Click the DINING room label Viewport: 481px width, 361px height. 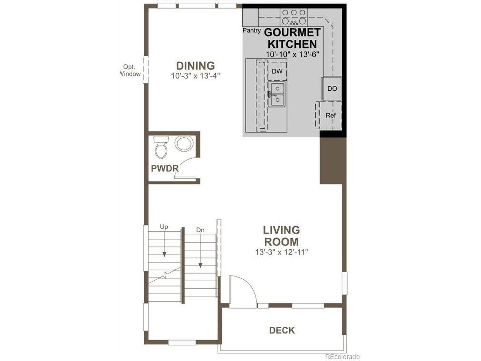click(x=195, y=66)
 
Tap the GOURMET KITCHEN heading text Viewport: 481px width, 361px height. click(x=292, y=38)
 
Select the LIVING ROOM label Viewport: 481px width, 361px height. click(x=281, y=236)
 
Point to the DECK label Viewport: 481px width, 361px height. click(x=282, y=330)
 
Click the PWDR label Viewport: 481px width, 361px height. click(x=165, y=168)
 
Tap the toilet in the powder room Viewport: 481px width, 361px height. click(x=161, y=147)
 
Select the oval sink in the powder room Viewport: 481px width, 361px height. click(x=184, y=144)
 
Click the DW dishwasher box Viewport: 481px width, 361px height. click(x=277, y=71)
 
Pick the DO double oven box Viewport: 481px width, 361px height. click(x=331, y=88)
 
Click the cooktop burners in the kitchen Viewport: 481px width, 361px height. click(x=293, y=17)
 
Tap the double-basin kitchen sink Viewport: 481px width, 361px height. click(x=277, y=94)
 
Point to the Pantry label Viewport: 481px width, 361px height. click(x=251, y=30)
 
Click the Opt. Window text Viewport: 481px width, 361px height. click(x=130, y=70)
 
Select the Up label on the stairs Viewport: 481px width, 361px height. click(x=164, y=227)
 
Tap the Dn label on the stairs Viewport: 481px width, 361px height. click(x=200, y=230)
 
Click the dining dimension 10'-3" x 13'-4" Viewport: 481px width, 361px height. click(x=195, y=76)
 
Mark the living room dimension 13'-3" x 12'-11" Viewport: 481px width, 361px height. click(x=281, y=252)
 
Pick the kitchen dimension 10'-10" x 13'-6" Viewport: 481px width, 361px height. click(x=292, y=54)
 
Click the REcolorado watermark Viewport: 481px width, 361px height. click(x=342, y=356)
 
